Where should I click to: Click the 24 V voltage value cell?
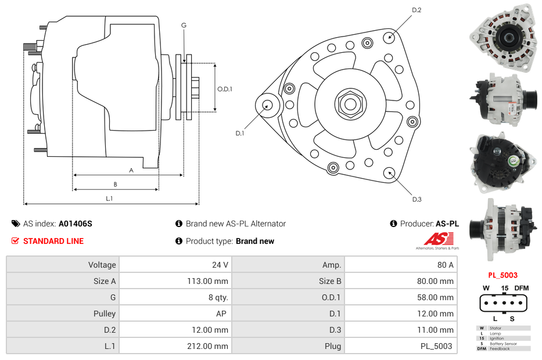(x=220, y=265)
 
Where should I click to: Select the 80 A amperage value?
(x=445, y=265)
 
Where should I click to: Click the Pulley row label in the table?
(x=105, y=314)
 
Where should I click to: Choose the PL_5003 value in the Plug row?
(x=437, y=346)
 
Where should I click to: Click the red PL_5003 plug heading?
(x=502, y=275)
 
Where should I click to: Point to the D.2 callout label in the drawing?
(x=417, y=10)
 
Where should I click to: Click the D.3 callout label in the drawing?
(x=417, y=199)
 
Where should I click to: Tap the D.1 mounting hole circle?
(x=268, y=105)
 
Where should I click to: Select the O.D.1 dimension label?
(x=225, y=89)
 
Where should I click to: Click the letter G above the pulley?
(x=184, y=25)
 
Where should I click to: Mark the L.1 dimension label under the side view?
(x=109, y=199)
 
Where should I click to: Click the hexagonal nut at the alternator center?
(x=350, y=104)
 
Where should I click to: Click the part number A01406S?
(x=76, y=224)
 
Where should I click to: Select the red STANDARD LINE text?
(x=53, y=241)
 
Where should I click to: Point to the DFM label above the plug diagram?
(x=522, y=288)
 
